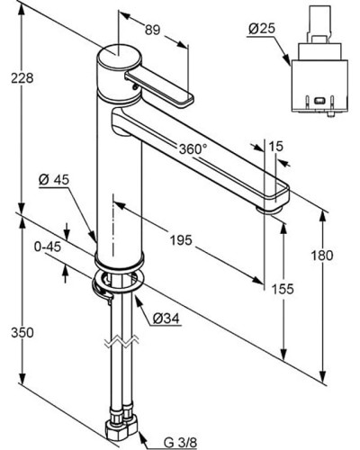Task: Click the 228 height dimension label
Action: tap(22, 78)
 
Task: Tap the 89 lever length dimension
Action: tap(153, 30)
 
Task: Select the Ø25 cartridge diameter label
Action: tap(262, 29)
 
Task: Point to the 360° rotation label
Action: tap(193, 148)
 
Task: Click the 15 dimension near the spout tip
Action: tap(275, 147)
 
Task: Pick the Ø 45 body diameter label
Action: tap(54, 180)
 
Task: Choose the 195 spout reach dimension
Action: tap(181, 240)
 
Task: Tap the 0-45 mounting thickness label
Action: tap(48, 247)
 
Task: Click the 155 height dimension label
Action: tap(283, 289)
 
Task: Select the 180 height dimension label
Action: tap(322, 256)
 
